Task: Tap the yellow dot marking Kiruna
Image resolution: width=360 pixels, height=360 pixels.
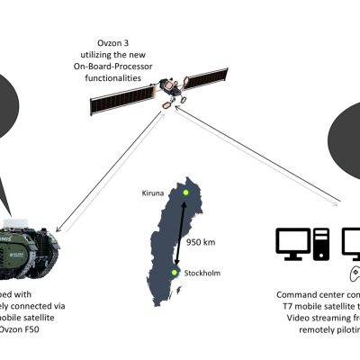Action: pos(185,193)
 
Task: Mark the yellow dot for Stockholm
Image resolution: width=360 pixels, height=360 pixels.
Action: pos(176,271)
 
